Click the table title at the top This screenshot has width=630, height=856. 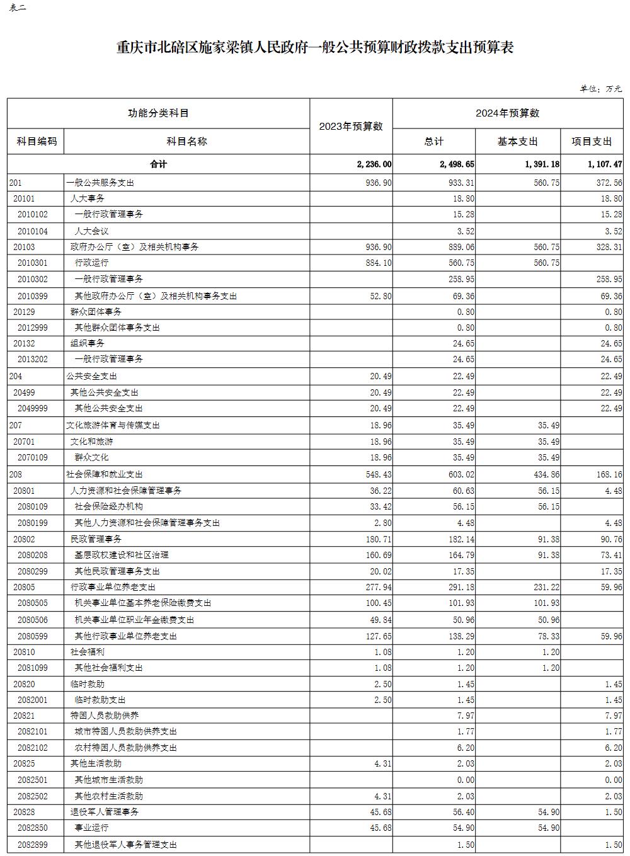coord(315,48)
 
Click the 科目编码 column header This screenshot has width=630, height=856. coord(36,141)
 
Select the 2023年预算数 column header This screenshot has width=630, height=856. coord(351,127)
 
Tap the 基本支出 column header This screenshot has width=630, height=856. coord(518,142)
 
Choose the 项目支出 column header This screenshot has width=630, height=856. coord(592,142)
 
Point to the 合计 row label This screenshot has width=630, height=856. coord(158,164)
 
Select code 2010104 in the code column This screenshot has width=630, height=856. coord(33,231)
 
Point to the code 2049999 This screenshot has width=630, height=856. coord(33,408)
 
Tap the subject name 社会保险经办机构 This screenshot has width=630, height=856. coord(108,506)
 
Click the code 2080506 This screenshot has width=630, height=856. coord(33,620)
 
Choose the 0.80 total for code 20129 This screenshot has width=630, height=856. coord(466,312)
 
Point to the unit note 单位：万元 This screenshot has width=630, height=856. coord(600,89)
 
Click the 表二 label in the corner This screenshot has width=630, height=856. coord(18,8)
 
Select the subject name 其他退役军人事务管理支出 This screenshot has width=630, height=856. coord(125,845)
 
